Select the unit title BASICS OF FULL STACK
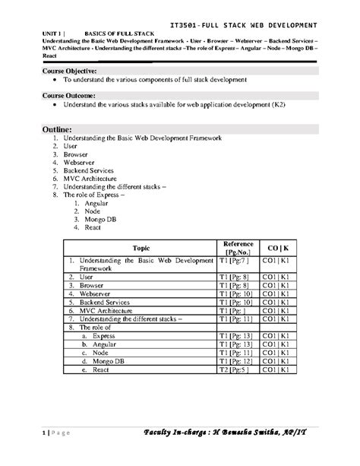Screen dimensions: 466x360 coord(113,34)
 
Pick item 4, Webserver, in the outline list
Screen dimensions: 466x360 coord(81,163)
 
